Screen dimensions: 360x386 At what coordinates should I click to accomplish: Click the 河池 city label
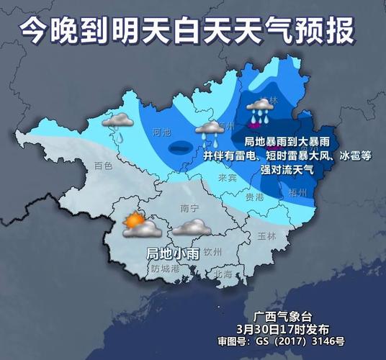tap(163, 132)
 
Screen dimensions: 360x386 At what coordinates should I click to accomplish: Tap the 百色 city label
tap(104, 166)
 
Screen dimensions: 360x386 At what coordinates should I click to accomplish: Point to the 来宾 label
tap(228, 177)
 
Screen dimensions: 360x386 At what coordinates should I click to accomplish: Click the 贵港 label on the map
tap(254, 196)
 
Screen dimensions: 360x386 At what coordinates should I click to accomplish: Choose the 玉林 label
tap(266, 236)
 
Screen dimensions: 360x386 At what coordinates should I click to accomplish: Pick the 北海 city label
tap(223, 274)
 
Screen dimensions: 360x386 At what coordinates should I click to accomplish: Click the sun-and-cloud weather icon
tap(139, 227)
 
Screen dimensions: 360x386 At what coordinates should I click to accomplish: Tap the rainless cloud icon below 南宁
tap(191, 229)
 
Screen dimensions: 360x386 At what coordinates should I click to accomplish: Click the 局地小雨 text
tap(173, 253)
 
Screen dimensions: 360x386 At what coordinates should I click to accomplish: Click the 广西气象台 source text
tap(282, 317)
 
